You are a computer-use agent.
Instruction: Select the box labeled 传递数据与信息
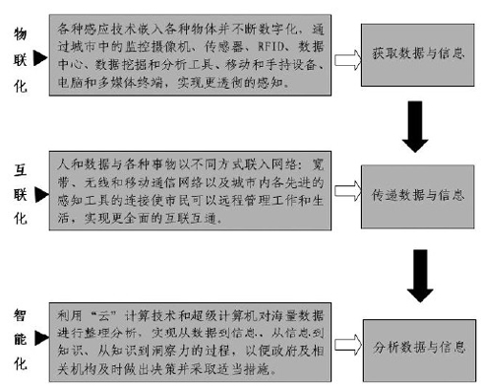tap(416, 198)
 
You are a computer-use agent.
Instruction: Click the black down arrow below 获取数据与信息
tap(417, 129)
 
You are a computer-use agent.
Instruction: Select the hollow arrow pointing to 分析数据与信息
tap(344, 347)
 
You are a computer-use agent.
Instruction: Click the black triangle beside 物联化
tap(39, 60)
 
